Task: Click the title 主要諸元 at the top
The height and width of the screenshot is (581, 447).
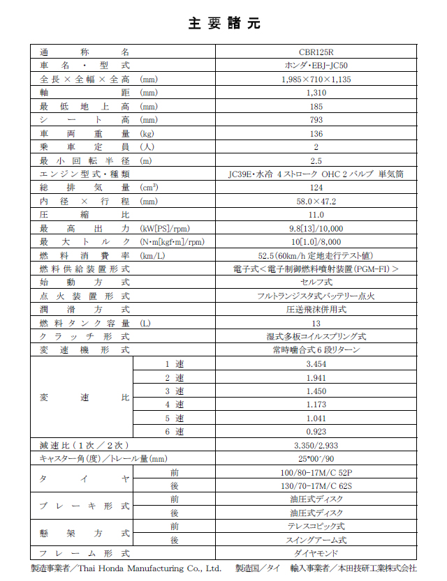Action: click(223, 23)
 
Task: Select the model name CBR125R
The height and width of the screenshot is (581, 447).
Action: click(316, 52)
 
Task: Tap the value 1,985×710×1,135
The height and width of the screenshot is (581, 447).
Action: click(316, 79)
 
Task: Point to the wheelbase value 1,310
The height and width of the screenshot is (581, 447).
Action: click(316, 92)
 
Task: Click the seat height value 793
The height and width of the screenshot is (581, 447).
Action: click(316, 120)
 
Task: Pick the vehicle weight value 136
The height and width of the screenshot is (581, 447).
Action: click(316, 133)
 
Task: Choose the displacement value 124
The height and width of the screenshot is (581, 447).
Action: click(316, 188)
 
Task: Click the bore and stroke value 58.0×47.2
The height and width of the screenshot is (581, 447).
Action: click(316, 201)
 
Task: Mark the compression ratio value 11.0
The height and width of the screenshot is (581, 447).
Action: click(316, 215)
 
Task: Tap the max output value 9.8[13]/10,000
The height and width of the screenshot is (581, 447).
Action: click(316, 228)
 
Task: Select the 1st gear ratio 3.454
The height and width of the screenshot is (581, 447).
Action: click(316, 365)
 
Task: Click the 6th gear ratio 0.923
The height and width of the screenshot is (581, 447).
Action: click(316, 432)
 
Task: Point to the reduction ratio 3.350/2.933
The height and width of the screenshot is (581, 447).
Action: click(316, 445)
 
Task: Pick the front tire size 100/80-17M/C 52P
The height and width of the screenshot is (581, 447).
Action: click(316, 472)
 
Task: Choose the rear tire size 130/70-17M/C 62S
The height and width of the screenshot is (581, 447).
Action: click(316, 485)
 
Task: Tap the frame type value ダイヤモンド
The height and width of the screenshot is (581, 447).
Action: click(316, 553)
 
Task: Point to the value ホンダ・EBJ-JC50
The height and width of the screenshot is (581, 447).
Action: click(316, 65)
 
